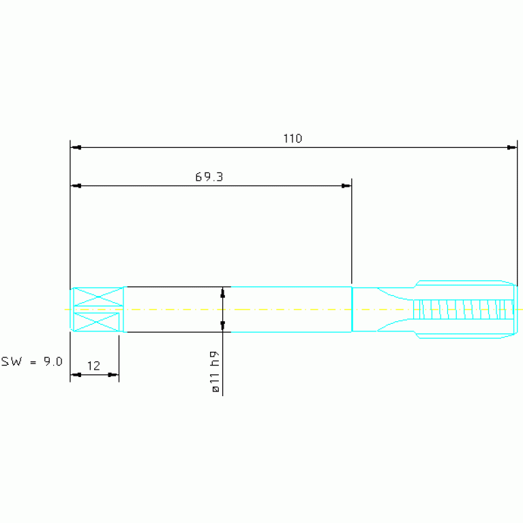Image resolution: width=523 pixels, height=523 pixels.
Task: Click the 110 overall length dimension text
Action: [x=293, y=138]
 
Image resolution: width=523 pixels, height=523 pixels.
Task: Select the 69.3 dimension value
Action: [x=209, y=177]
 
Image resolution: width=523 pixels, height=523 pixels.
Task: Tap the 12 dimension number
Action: [x=93, y=366]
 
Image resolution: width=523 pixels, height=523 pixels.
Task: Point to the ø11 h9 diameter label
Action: [x=215, y=372]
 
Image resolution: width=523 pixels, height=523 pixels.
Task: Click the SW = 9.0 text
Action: [x=31, y=361]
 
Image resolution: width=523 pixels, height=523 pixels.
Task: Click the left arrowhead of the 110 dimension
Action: [x=76, y=147]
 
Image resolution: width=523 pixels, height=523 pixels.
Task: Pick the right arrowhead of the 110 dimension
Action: [x=511, y=147]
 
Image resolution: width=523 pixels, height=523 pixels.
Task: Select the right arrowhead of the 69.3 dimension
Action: [x=346, y=185]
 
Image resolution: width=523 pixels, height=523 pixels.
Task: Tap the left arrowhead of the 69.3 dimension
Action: [x=76, y=185]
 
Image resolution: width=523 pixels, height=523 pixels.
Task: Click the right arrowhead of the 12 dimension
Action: [x=113, y=375]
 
